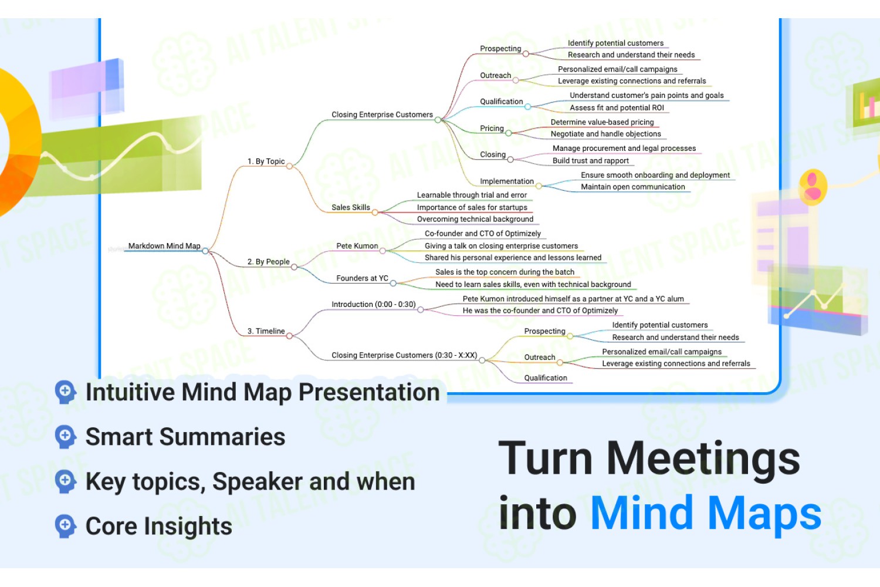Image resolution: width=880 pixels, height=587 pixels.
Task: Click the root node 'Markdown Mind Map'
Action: [164, 246]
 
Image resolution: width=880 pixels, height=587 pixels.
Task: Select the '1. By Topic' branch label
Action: [266, 161]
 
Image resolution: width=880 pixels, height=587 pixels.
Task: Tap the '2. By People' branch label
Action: [268, 261]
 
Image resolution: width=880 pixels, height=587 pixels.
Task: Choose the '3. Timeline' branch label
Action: [266, 331]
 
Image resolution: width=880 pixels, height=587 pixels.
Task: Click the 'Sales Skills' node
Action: [351, 207]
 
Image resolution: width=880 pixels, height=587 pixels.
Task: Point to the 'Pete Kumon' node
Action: [357, 246]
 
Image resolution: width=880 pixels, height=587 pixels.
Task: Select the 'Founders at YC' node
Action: [362, 278]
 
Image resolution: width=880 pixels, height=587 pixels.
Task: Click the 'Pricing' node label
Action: [492, 128]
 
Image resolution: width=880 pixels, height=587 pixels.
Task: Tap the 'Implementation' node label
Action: [507, 181]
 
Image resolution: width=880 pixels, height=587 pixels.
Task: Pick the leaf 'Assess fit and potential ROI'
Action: [617, 108]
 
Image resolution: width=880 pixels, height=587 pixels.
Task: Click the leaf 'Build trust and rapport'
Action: [590, 160]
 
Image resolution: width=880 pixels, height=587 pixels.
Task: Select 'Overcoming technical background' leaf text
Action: [475, 219]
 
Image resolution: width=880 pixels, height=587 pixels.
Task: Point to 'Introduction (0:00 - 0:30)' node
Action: [374, 304]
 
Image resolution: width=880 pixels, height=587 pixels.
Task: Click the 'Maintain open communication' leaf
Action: [633, 187]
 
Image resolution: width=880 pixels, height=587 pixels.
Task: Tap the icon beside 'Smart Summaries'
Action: [66, 436]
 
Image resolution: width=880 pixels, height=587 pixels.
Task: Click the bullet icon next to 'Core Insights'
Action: [66, 526]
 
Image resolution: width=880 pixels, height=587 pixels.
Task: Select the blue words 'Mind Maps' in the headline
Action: [706, 513]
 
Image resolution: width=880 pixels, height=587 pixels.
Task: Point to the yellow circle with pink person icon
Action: [813, 187]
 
